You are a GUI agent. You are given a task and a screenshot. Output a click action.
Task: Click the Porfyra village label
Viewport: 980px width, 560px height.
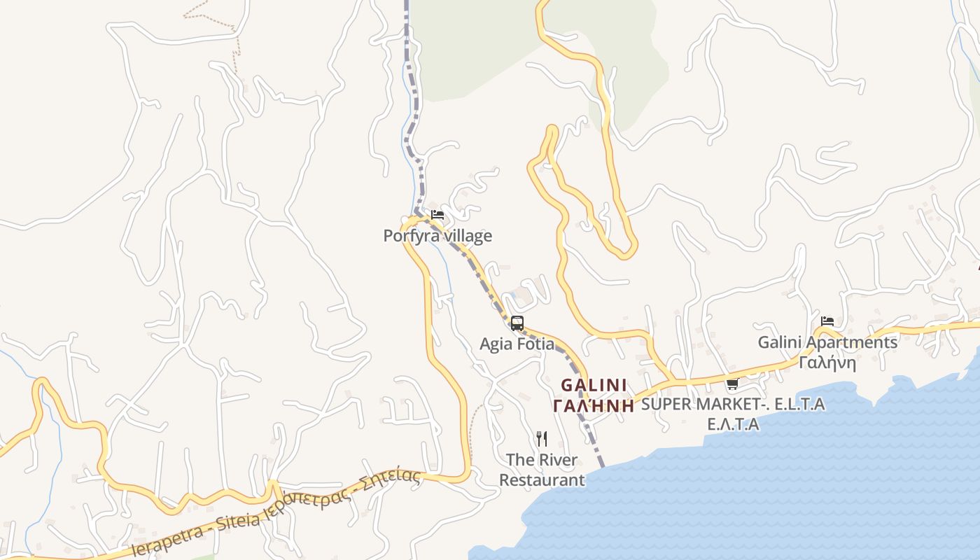[437, 236]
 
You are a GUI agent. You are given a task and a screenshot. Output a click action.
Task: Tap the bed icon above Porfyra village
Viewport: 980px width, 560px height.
[437, 215]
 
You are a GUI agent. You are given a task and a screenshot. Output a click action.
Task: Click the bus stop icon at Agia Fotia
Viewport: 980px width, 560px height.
[517, 323]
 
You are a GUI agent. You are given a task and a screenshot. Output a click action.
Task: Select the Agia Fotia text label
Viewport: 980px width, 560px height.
[517, 344]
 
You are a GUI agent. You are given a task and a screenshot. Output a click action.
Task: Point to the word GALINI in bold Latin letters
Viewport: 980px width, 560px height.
[594, 386]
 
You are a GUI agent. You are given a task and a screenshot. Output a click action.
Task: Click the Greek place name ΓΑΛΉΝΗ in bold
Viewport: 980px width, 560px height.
[594, 405]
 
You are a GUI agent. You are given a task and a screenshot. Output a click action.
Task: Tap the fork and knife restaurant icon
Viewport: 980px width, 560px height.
[541, 439]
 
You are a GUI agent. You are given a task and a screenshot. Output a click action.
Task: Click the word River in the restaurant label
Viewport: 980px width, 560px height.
[558, 460]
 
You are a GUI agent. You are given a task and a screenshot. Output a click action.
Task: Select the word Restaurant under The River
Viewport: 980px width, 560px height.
[541, 480]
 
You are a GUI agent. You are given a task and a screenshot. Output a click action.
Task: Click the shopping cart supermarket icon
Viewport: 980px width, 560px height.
[732, 384]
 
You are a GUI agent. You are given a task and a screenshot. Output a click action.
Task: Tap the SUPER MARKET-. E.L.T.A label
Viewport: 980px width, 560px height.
[733, 404]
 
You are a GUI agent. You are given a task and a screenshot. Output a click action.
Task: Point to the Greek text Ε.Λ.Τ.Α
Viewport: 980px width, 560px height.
[733, 424]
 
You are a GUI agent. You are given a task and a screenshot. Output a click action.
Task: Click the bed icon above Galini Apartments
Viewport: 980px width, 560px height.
[827, 321]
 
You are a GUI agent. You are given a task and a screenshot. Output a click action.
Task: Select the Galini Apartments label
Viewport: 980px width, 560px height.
[827, 342]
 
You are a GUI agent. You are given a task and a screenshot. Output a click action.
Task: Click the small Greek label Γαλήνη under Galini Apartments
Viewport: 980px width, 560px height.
[827, 363]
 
